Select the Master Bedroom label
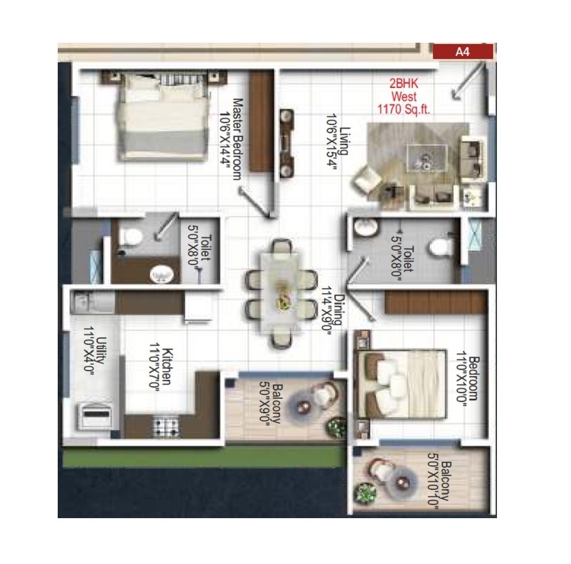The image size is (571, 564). pyautogui.click(x=237, y=139)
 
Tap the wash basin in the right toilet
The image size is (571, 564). pyautogui.click(x=365, y=227)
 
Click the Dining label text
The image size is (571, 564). pyautogui.click(x=339, y=309)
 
